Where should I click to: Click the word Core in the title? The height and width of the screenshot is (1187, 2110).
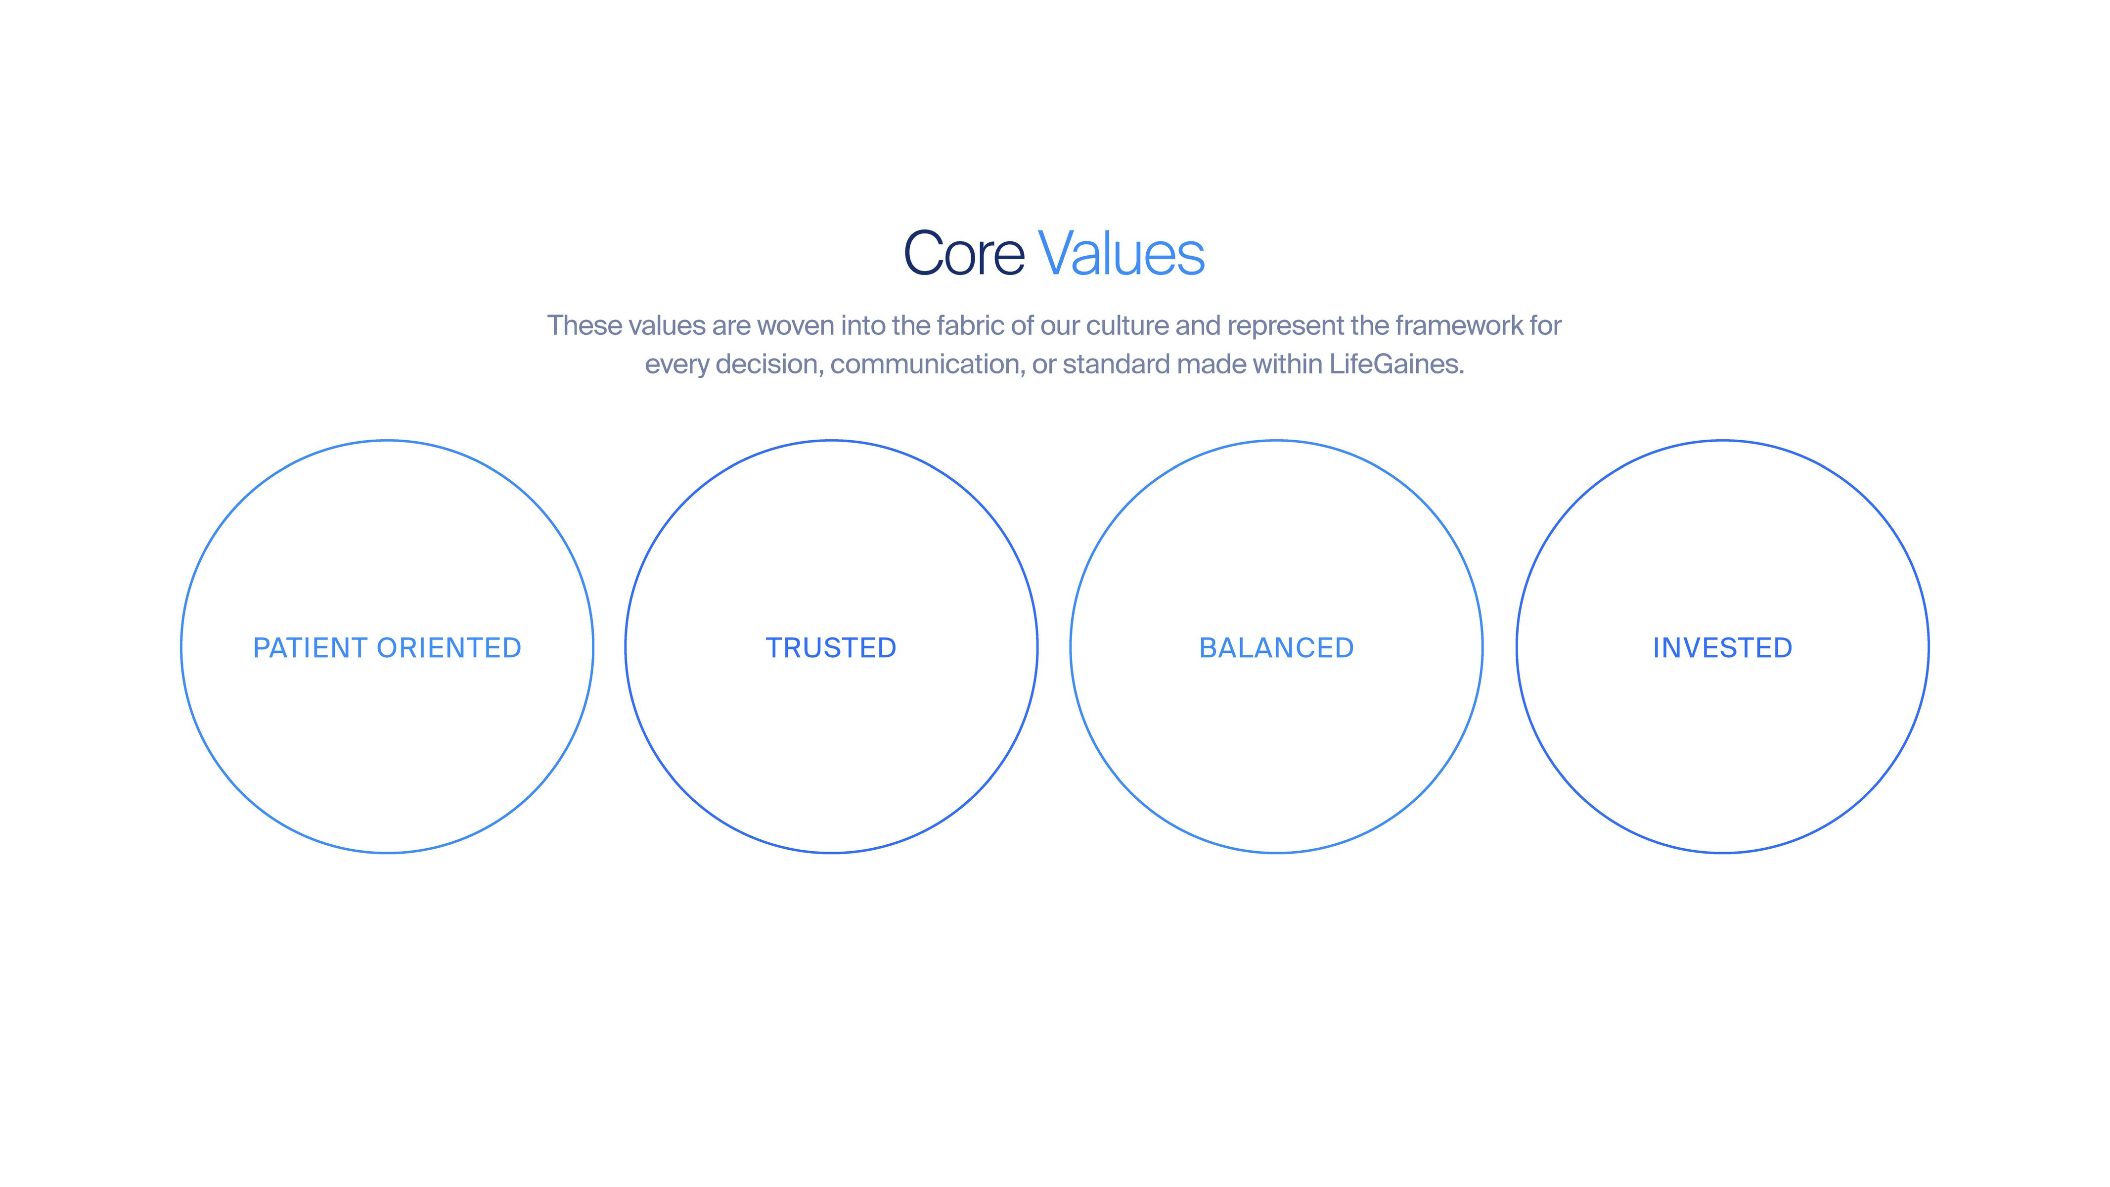(964, 253)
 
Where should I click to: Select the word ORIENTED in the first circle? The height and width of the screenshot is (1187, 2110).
(449, 648)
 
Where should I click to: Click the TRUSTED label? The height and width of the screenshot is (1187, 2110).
(831, 648)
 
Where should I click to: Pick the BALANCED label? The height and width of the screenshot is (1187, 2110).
(1276, 648)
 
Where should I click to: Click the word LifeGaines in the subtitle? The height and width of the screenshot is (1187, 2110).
(1396, 364)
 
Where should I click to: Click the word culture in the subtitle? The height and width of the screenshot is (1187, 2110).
(1127, 325)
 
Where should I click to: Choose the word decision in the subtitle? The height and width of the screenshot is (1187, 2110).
(769, 364)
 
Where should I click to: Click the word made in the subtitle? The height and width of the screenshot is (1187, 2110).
(1212, 364)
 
